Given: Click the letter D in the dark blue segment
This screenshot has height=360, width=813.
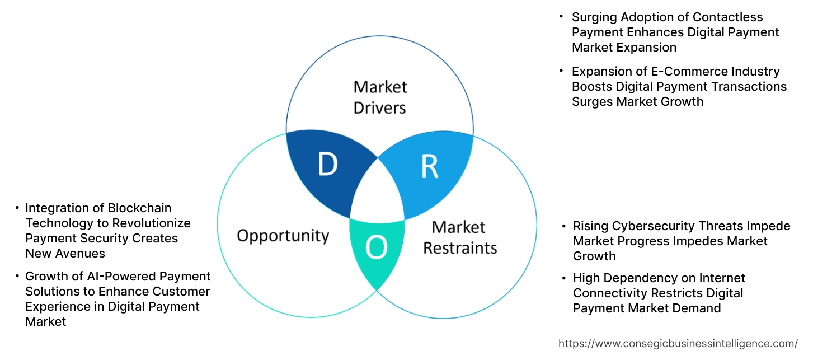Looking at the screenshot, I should [x=328, y=165].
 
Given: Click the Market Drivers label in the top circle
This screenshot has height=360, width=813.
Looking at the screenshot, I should [x=380, y=97].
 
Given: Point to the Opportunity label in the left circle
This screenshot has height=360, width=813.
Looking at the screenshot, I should [x=283, y=235].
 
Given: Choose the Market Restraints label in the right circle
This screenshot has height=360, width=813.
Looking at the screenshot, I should [x=459, y=237].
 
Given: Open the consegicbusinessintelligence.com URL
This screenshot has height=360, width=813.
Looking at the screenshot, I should [x=678, y=343].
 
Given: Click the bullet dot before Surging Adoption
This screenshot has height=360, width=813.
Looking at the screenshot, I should [x=561, y=16].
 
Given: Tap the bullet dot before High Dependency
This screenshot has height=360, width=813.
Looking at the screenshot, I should [x=562, y=277].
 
